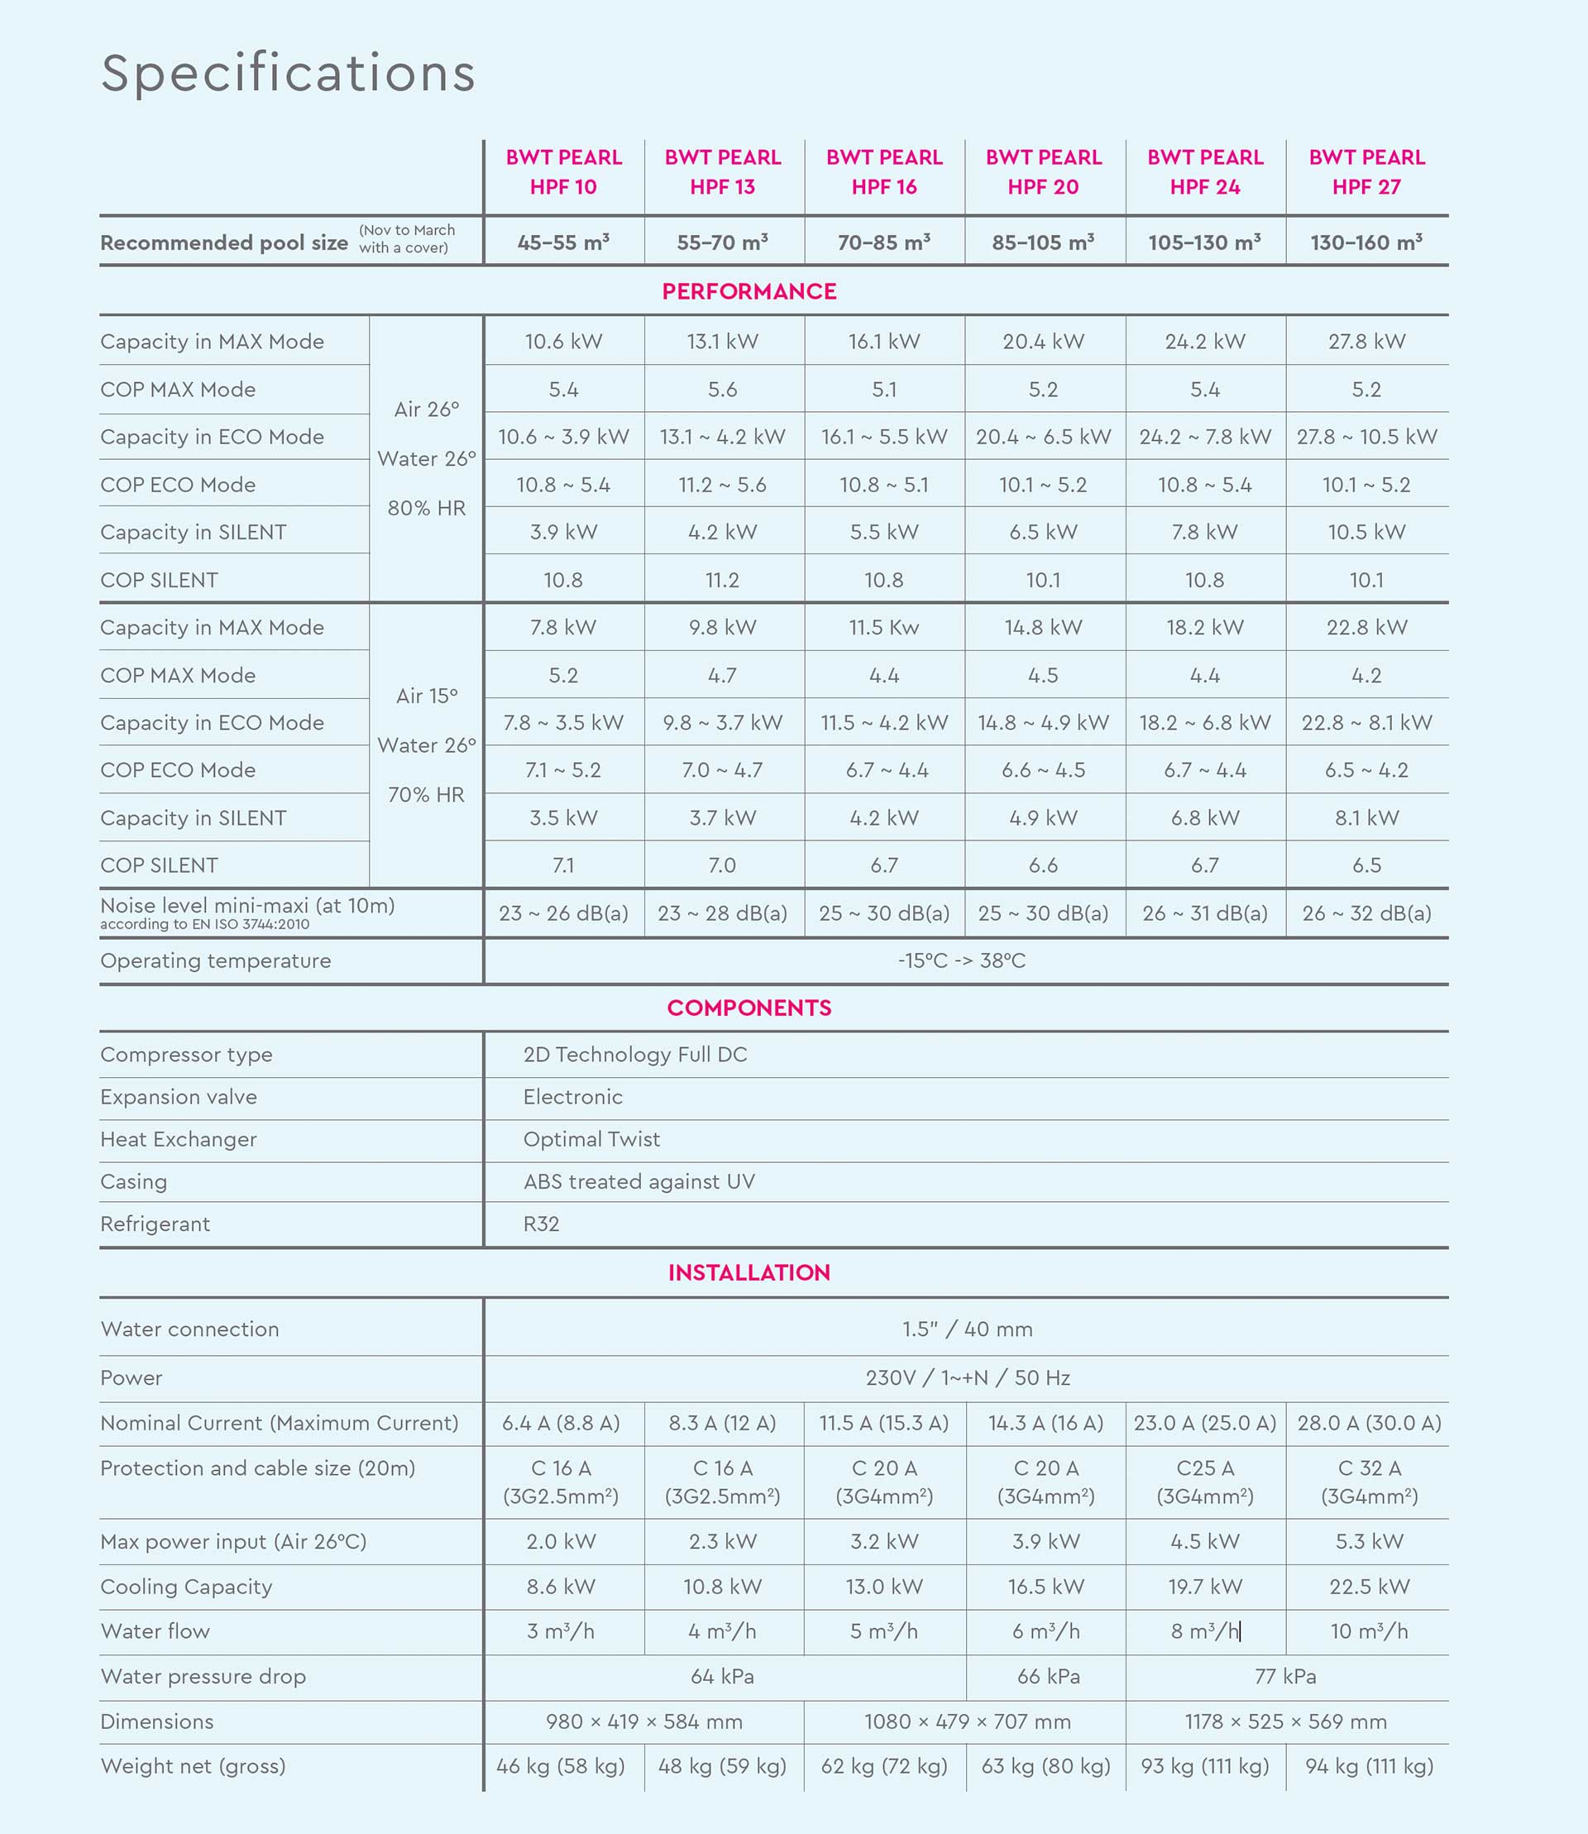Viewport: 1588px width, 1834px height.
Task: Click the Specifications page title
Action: point(288,73)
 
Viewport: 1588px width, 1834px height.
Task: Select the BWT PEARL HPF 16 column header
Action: point(883,172)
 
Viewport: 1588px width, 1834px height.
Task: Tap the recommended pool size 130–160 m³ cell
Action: point(1366,242)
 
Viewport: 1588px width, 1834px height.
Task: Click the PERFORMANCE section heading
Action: point(749,292)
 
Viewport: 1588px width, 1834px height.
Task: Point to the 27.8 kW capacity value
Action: point(1366,342)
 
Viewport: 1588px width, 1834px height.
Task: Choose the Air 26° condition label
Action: point(426,409)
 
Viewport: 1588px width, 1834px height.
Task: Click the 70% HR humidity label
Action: point(426,794)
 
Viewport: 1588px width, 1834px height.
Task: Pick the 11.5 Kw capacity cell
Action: point(883,628)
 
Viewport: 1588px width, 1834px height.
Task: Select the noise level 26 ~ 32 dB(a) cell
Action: point(1366,913)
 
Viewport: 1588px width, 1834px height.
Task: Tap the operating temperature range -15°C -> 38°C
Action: point(961,961)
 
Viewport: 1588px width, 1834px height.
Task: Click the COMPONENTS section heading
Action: point(749,1008)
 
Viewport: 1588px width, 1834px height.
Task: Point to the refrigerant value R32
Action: point(542,1224)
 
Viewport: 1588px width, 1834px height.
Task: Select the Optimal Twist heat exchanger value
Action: point(591,1139)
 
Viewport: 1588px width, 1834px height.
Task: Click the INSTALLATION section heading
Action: point(749,1273)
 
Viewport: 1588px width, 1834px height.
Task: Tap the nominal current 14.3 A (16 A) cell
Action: point(1045,1423)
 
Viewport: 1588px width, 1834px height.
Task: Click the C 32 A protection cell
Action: point(1369,1482)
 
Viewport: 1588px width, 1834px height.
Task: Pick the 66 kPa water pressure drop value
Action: point(1049,1676)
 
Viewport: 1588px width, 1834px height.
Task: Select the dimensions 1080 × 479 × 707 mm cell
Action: point(968,1721)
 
